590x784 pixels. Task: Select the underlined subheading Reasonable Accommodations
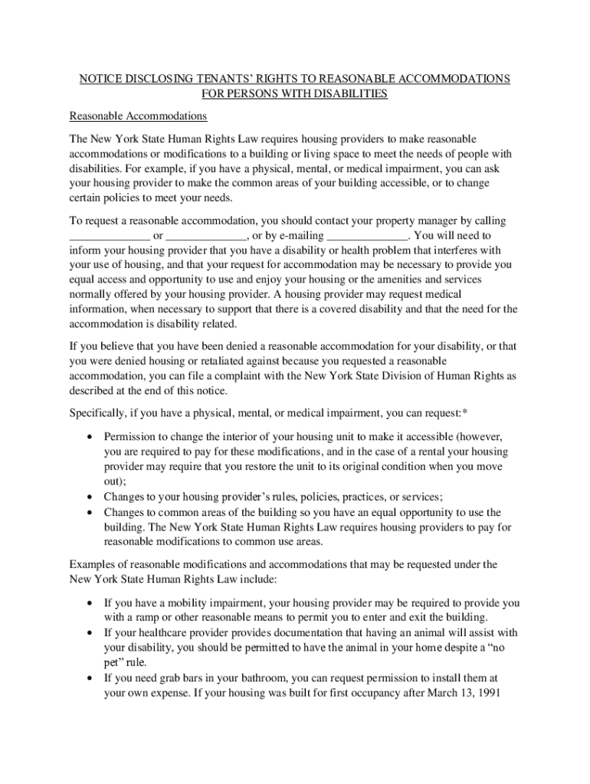[139, 116]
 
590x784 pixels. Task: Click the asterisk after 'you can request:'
[464, 413]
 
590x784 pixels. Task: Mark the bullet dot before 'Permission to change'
[91, 436]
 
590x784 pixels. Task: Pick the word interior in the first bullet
[242, 437]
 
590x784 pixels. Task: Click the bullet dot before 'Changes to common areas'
[91, 512]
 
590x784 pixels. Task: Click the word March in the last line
[434, 693]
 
